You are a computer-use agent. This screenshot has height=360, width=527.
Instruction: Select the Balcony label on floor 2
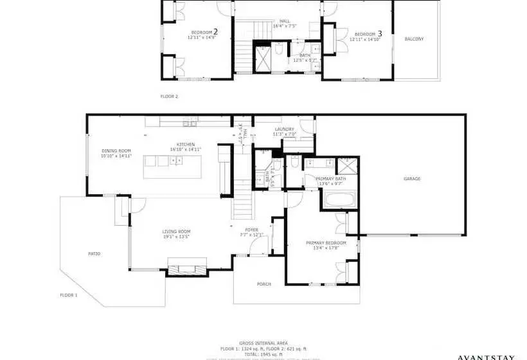tap(414, 39)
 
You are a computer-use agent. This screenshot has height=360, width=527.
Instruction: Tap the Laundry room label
tap(284, 129)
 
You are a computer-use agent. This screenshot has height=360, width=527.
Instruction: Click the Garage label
tap(412, 179)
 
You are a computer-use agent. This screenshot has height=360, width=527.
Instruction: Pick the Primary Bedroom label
tap(326, 242)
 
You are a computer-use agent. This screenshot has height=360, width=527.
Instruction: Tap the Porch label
tap(263, 283)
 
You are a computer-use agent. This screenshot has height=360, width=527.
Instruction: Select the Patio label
tap(94, 254)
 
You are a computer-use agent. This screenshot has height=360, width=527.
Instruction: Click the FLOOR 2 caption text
tap(169, 96)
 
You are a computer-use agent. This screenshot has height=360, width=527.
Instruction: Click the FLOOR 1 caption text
tap(69, 294)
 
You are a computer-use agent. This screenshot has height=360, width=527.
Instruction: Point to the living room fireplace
tap(187, 265)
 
